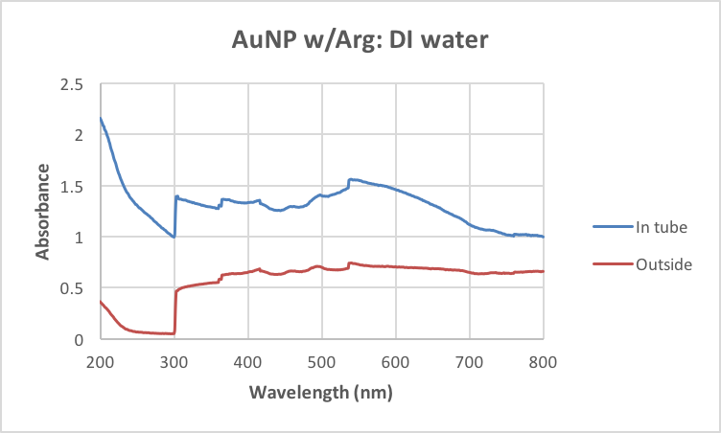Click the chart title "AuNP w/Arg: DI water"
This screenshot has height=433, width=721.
(360, 41)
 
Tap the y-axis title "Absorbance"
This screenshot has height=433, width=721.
(43, 212)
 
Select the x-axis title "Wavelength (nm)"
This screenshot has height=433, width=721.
(321, 393)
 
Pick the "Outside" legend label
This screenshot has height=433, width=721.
(663, 263)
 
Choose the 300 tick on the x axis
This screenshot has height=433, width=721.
(174, 361)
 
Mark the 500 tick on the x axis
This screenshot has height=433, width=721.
(321, 361)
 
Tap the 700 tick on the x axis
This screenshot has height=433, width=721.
(469, 361)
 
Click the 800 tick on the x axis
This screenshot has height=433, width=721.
(543, 361)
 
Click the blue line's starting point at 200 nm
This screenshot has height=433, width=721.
(101, 118)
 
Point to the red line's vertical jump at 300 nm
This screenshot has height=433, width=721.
(174, 311)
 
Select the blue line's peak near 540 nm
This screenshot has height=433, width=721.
(350, 179)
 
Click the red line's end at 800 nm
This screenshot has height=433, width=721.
(543, 271)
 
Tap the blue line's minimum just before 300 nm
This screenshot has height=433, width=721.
(174, 237)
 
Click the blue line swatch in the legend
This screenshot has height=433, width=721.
(613, 227)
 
